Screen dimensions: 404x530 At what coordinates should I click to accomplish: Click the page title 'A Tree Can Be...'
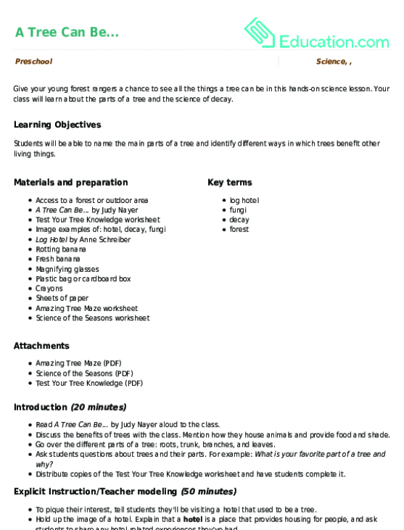67,32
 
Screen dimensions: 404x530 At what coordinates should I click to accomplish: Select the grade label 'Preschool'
33,62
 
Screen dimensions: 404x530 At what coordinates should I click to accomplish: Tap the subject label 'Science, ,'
334,62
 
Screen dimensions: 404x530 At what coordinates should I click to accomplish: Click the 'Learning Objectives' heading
57,125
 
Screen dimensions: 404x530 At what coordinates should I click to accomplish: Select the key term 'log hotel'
244,200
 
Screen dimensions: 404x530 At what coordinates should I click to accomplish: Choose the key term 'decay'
239,220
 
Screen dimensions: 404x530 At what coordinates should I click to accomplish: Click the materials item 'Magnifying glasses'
67,269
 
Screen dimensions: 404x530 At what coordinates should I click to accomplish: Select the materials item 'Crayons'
49,289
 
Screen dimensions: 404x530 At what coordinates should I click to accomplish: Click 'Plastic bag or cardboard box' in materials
83,278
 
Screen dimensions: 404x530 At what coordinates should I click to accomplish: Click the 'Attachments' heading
41,346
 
